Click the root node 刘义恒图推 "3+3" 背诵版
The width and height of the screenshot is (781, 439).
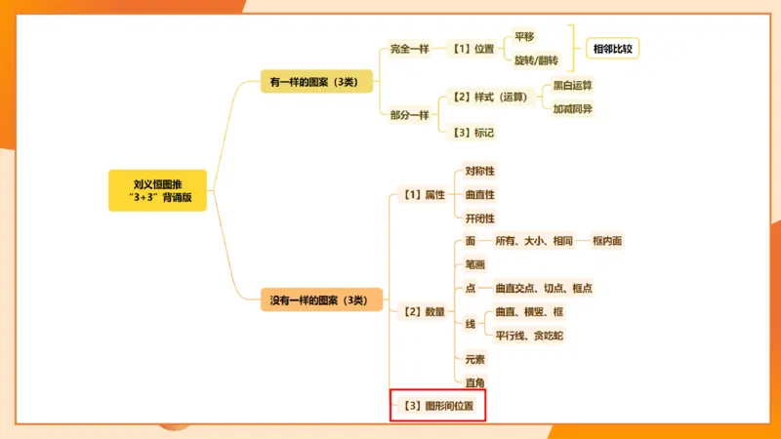point(157,190)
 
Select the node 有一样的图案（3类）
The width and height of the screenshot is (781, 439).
point(315,82)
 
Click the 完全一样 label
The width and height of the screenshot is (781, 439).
point(409,48)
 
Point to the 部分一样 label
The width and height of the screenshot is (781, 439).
point(409,114)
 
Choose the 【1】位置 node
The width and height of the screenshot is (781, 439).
point(473,48)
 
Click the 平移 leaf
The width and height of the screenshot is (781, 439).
point(524,36)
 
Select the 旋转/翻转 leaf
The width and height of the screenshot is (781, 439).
point(536,60)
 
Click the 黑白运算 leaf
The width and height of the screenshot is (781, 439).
point(573,85)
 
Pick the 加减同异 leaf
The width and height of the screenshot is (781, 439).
point(573,108)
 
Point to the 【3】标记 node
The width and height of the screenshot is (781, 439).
point(473,132)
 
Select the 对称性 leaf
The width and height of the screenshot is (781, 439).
point(479,171)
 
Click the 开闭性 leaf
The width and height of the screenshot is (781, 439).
point(479,219)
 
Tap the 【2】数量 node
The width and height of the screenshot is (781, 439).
point(424,311)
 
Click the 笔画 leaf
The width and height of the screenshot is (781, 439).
point(475,264)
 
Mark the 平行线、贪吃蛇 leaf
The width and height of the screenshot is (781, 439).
point(528,336)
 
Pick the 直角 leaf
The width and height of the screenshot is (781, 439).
point(475,382)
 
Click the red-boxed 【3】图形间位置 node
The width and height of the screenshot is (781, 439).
point(437,406)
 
